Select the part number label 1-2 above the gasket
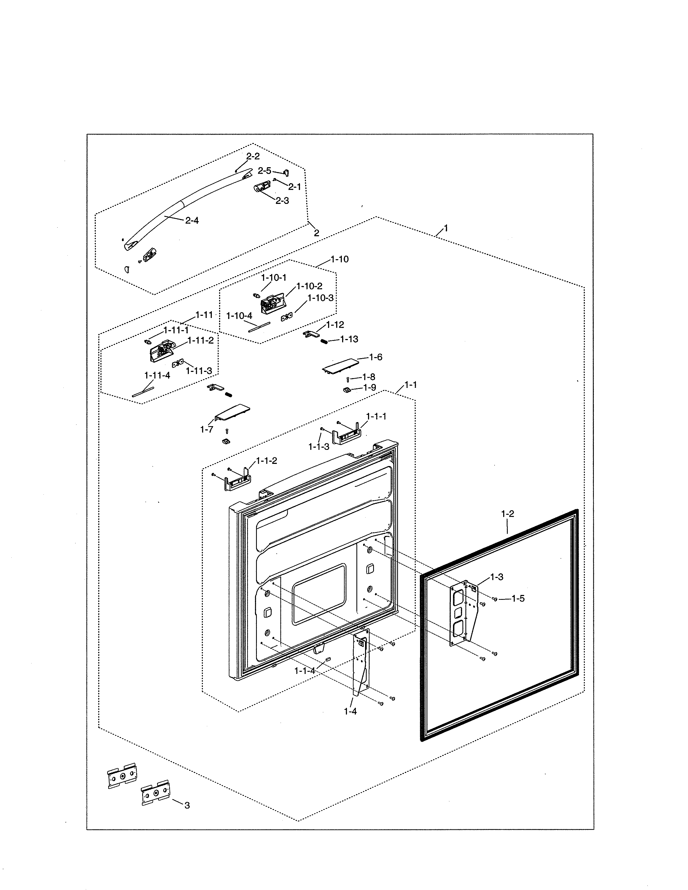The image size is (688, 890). pos(508,514)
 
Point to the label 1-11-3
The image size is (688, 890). pos(199,371)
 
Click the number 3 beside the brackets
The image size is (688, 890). pos(187,806)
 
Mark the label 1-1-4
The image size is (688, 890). pos(305,671)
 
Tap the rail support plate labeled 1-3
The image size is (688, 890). pos(463,616)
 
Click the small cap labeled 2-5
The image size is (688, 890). pos(286,173)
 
